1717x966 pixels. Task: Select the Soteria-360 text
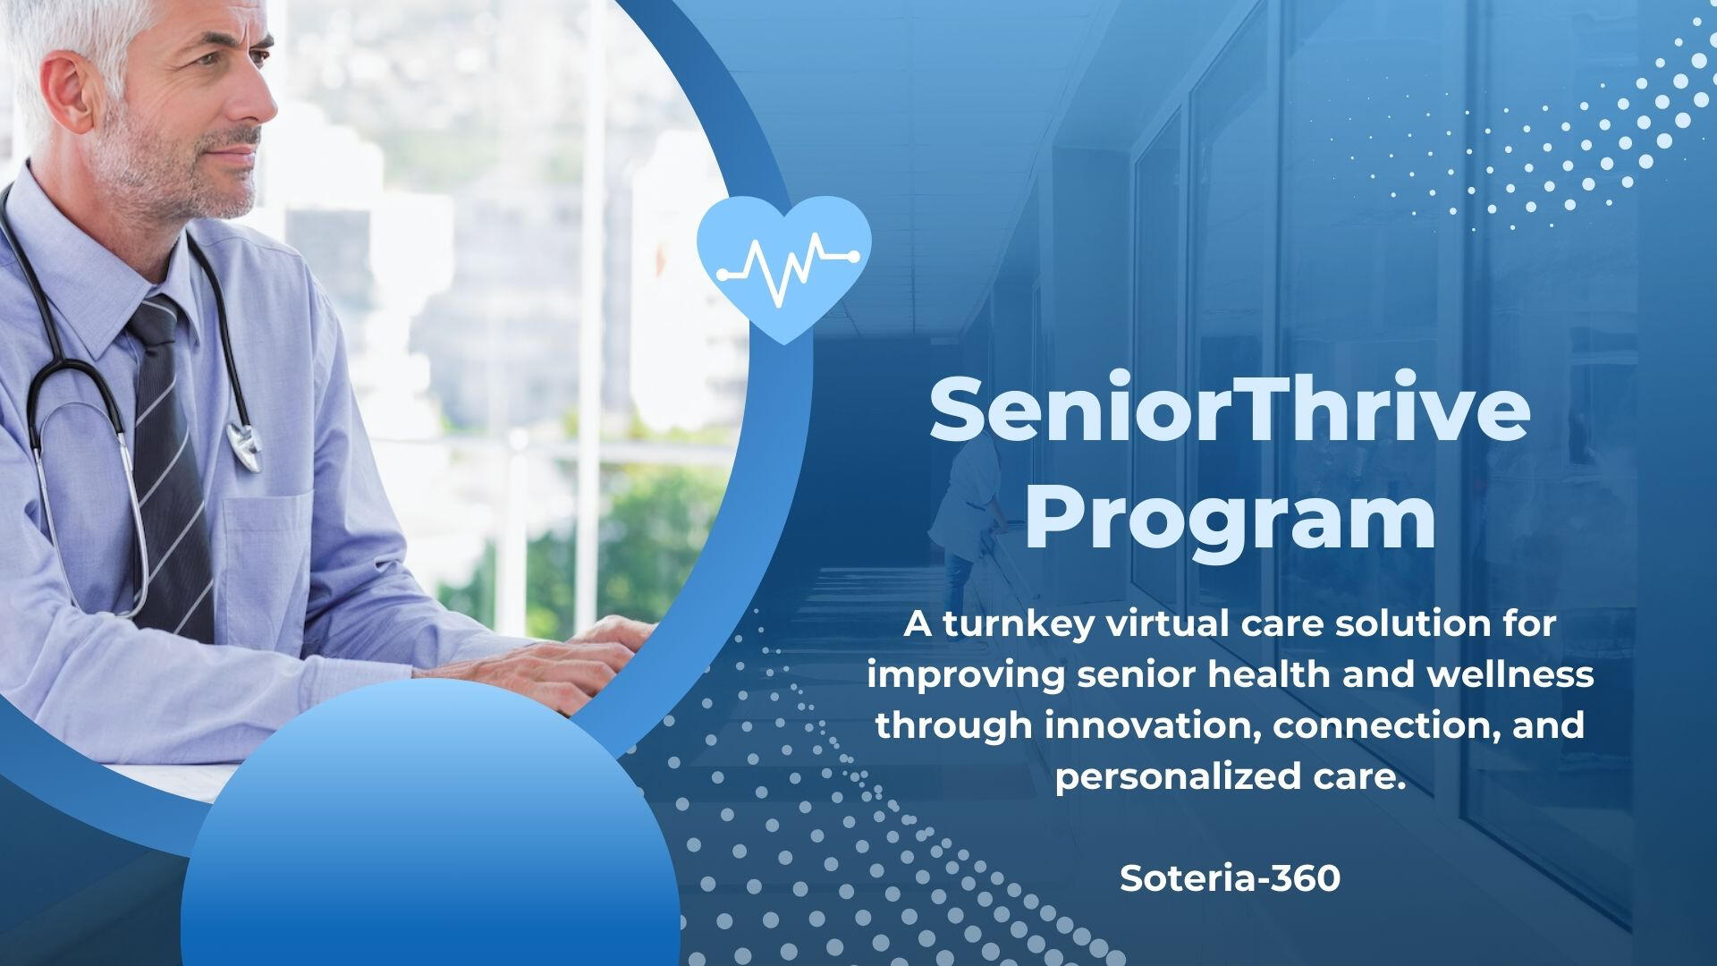(x=1230, y=877)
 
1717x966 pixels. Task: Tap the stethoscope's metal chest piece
(x=244, y=445)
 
